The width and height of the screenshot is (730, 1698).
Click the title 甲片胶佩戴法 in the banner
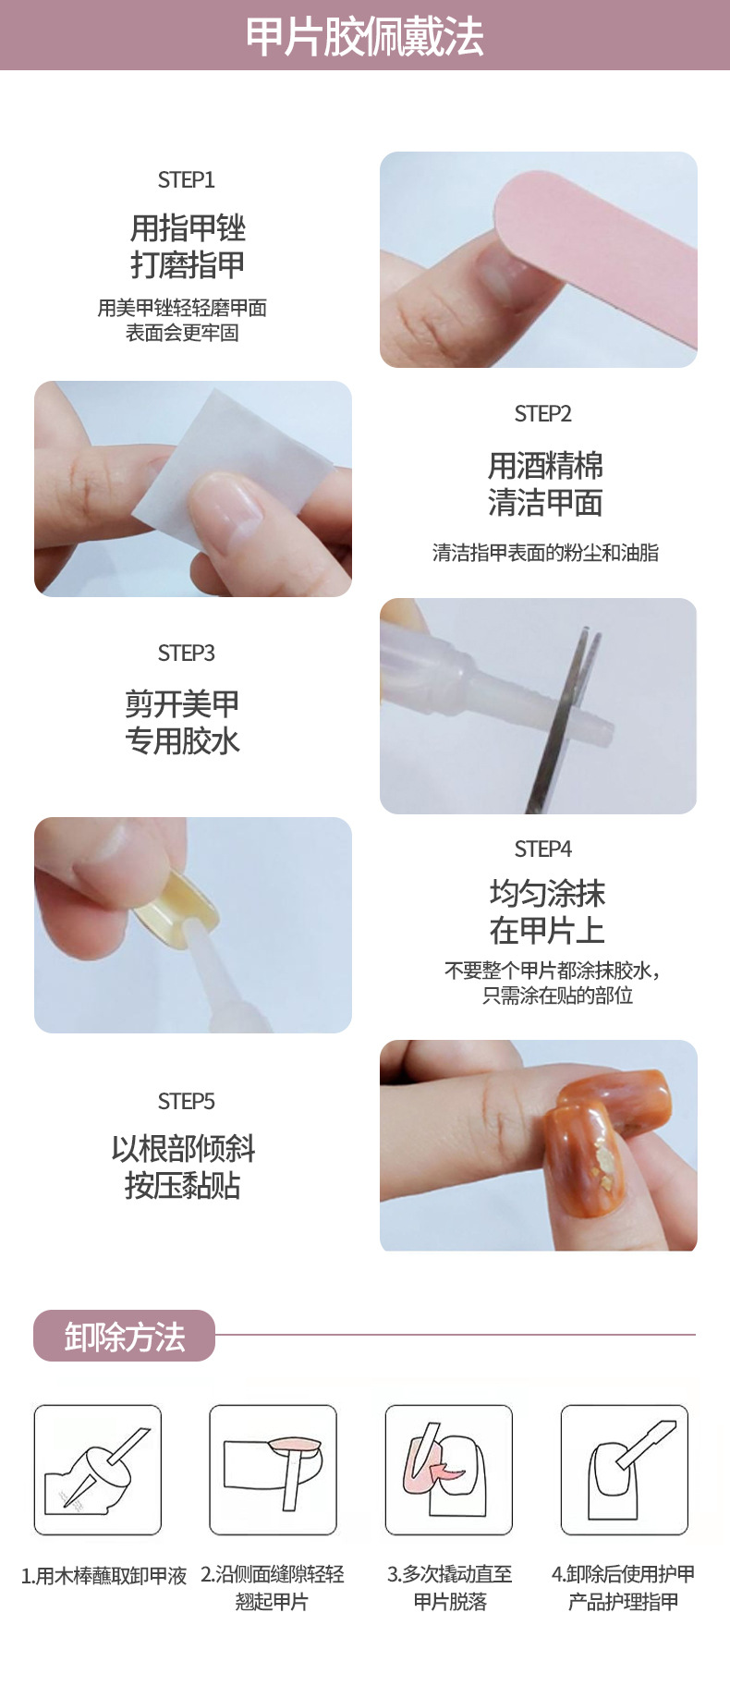364,37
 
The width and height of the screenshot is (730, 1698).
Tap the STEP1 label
186,179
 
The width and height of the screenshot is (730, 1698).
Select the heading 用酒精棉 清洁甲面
545,483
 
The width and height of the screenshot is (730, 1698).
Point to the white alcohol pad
231,453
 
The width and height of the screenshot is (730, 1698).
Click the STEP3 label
186,653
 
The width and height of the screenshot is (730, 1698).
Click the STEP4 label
542,849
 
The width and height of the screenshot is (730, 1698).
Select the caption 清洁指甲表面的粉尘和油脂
545,553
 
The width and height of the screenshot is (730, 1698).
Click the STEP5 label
186,1101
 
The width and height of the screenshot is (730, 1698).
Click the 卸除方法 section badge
124,1336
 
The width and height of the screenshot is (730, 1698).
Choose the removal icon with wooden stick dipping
97,1469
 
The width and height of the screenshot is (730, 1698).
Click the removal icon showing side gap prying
273,1469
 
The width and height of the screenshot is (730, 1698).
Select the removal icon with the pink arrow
448,1469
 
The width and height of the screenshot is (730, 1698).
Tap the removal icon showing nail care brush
624,1469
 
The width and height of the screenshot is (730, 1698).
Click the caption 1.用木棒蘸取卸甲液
103,1575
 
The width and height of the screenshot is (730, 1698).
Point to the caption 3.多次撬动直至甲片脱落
449,1587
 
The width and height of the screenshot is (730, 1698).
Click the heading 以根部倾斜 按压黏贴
183,1167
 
